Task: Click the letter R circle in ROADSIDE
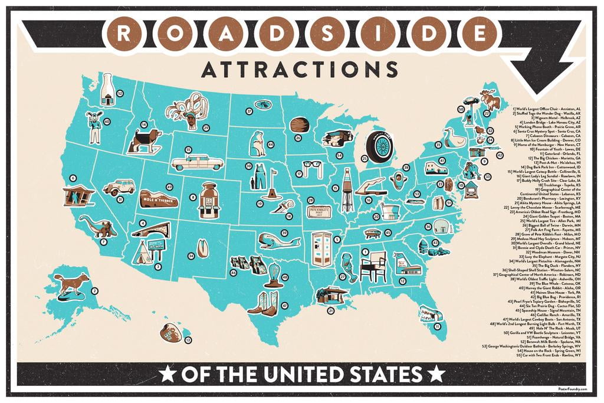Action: [122, 33]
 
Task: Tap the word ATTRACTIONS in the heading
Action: [299, 69]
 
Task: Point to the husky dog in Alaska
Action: [71, 283]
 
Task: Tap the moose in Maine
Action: [489, 98]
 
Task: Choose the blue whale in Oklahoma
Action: [274, 239]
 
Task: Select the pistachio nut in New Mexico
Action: [202, 248]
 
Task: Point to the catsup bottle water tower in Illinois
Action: [347, 189]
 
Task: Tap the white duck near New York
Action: [454, 139]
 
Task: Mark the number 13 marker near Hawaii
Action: [188, 340]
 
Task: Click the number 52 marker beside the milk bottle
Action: [120, 93]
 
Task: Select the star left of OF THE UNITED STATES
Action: [167, 373]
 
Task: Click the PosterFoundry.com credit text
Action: [570, 388]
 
